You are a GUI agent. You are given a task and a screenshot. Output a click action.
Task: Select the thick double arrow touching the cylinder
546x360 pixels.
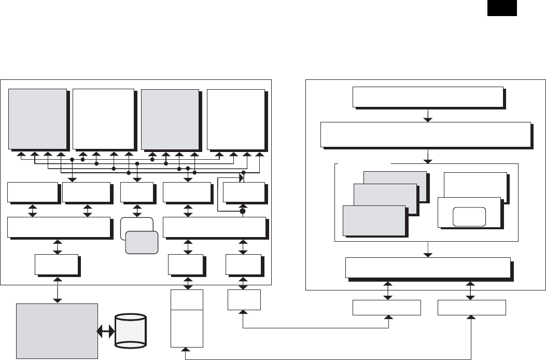(106, 331)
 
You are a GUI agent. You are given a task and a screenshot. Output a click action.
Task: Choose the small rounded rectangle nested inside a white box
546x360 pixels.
(469, 216)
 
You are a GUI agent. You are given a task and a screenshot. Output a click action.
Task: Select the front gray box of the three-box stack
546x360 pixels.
(374, 221)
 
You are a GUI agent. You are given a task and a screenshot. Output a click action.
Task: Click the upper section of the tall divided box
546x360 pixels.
(187, 300)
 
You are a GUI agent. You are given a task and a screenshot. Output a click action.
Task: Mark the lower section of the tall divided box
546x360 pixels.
(187, 328)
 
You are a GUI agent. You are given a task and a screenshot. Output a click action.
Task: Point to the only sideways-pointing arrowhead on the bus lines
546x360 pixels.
(241, 178)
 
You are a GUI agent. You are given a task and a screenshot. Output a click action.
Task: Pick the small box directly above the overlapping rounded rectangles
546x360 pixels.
(137, 192)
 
